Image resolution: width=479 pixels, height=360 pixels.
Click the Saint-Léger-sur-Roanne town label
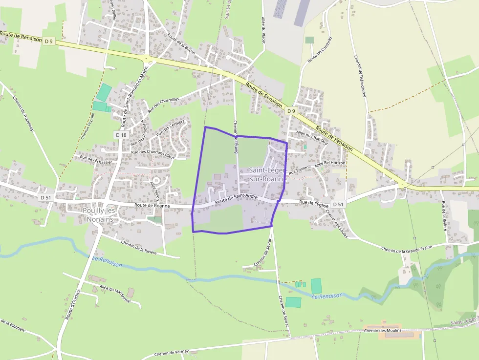267,174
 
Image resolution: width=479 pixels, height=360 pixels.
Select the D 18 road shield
122,134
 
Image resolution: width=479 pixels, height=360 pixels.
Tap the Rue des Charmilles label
167,103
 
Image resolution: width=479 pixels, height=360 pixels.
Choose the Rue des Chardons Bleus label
152,153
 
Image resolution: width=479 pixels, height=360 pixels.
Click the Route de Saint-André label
236,198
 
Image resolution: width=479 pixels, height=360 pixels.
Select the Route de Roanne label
153,206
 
